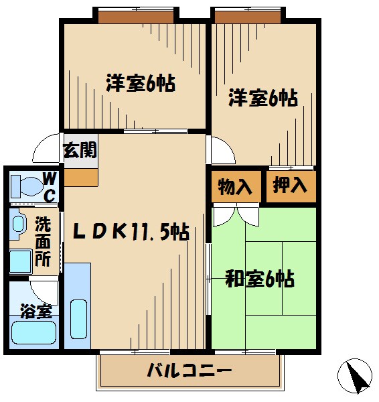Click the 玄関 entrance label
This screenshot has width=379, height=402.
(x=80, y=149)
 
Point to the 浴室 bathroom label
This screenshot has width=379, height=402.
(x=35, y=312)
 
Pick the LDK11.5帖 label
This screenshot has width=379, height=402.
(x=130, y=232)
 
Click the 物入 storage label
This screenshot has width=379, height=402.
(x=236, y=187)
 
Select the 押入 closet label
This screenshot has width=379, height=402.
(x=290, y=185)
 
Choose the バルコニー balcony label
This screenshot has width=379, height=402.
(x=189, y=371)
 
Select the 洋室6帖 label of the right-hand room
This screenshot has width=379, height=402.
(x=263, y=98)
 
